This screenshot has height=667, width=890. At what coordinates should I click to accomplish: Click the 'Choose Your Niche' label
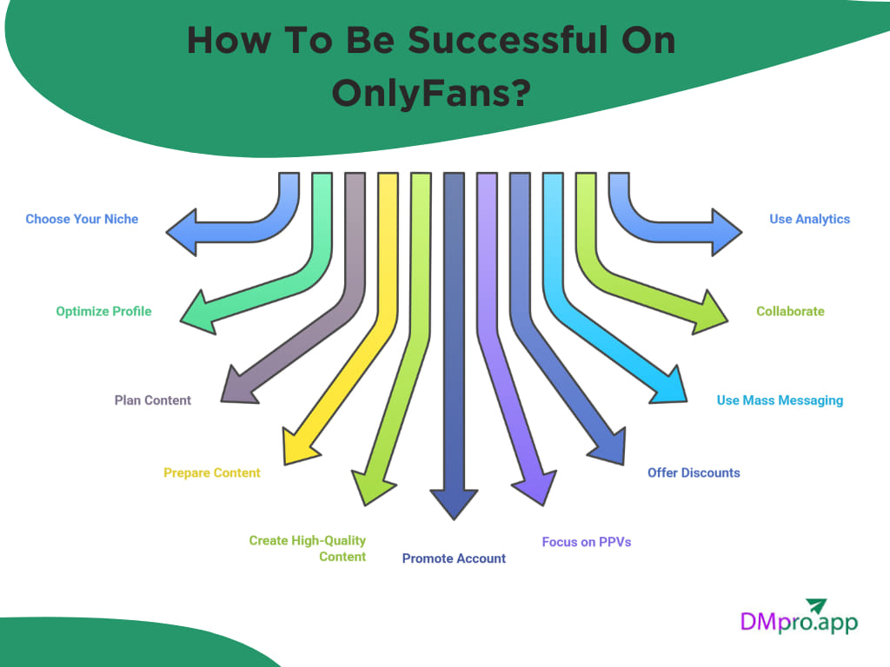click(82, 219)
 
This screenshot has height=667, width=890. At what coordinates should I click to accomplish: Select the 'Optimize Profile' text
click(103, 311)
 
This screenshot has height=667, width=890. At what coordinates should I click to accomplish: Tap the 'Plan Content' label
click(153, 400)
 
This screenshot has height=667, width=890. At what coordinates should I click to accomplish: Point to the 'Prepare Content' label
click(212, 472)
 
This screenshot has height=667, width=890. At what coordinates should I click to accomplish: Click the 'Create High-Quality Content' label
click(308, 548)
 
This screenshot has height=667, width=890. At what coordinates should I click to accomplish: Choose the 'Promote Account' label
click(454, 558)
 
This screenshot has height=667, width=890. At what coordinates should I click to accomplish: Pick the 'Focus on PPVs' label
click(587, 541)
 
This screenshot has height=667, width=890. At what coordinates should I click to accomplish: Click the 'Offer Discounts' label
click(694, 472)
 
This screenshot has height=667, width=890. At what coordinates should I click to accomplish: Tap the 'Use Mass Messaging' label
click(780, 400)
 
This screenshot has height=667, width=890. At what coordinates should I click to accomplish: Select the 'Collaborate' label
click(790, 311)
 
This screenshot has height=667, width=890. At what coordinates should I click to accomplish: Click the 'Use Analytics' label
click(809, 219)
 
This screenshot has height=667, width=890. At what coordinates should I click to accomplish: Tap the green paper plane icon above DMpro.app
click(817, 605)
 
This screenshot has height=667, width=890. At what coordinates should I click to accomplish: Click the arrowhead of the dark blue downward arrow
click(454, 503)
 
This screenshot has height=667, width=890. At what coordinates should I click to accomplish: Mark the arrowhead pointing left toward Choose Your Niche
click(183, 233)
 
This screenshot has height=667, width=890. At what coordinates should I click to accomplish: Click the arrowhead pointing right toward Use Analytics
click(726, 233)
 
